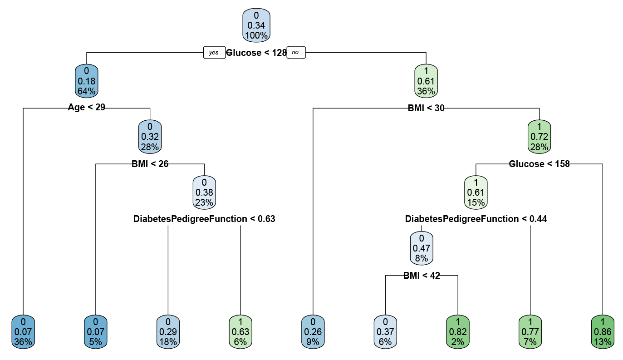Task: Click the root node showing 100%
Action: pos(256,25)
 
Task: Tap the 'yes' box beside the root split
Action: pos(214,53)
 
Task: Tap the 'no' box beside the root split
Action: pos(295,53)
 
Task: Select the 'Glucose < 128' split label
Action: pos(256,53)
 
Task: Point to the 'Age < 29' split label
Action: pos(87,108)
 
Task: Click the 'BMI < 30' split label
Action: pos(426,108)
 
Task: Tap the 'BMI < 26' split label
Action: pos(150,164)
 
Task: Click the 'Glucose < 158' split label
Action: pos(539,164)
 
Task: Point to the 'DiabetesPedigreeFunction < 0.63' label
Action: pos(204,219)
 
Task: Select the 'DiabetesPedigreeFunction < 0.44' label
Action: pos(476,219)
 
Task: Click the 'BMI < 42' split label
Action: pos(422,275)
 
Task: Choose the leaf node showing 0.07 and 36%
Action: pos(23,332)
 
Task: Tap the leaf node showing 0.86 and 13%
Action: pos(603,332)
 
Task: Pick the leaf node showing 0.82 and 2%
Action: pos(457,332)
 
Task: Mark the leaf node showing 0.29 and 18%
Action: pos(168,332)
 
